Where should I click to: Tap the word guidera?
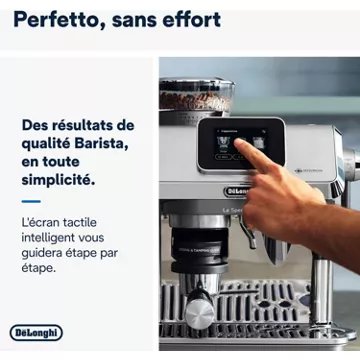(46, 254)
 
